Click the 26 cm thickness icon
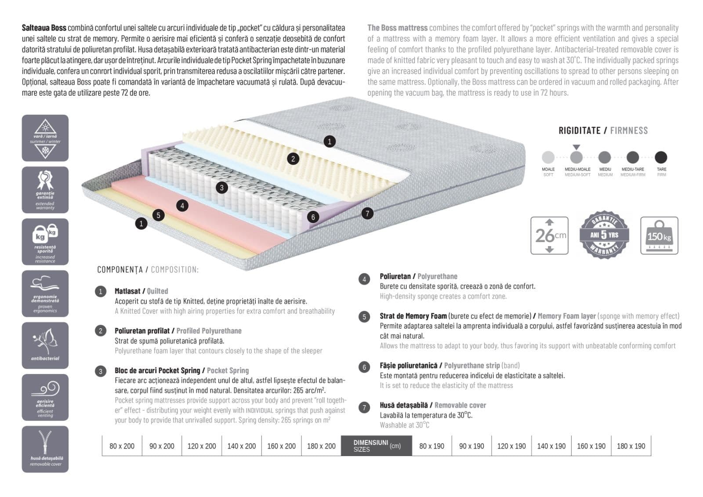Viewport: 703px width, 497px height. click(549, 236)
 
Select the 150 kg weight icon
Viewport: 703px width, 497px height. click(659, 236)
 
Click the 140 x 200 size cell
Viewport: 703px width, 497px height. click(241, 446)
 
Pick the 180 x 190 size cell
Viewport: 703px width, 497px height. click(631, 446)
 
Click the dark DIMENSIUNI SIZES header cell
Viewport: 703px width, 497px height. click(377, 446)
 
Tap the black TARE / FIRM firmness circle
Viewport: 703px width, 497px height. click(661, 157)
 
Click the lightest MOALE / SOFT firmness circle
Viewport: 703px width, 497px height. click(548, 157)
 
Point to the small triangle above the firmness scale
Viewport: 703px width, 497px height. click(576, 148)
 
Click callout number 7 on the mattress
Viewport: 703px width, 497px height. click(367, 214)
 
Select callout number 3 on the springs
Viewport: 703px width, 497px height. click(222, 188)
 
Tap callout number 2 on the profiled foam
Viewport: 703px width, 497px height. click(293, 159)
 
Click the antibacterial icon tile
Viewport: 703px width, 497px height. click(45, 345)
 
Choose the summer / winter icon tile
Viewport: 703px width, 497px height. click(45, 138)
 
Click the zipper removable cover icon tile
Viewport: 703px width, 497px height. click(45, 449)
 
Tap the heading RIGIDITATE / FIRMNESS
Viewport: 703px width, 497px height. click(603, 131)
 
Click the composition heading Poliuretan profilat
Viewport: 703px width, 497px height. click(142, 331)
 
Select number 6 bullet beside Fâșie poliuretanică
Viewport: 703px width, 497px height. click(364, 367)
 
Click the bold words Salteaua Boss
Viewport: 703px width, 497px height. click(44, 28)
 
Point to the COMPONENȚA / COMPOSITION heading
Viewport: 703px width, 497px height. click(148, 269)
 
